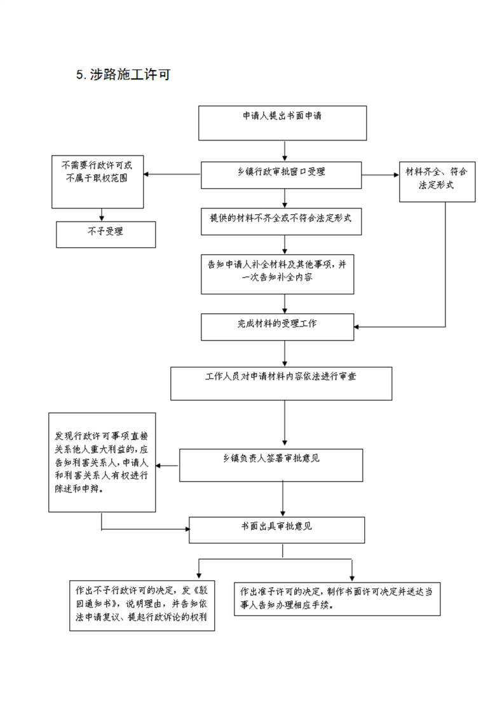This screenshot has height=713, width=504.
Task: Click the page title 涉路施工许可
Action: [130, 74]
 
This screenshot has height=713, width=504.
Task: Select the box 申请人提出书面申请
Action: [282, 123]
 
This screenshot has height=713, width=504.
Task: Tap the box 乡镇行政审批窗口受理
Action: [281, 175]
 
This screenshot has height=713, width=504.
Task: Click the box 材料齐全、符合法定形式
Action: [437, 182]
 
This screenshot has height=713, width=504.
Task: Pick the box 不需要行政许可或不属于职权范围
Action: [98, 182]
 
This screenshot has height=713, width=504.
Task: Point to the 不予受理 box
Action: [106, 234]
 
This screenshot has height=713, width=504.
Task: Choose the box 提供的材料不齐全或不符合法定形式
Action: [281, 221]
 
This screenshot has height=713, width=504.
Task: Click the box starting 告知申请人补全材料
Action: [278, 274]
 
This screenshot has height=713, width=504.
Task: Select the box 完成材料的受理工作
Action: [278, 327]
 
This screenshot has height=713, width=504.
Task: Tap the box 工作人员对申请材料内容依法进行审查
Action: [281, 384]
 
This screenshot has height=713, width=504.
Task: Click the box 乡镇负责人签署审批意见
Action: [271, 465]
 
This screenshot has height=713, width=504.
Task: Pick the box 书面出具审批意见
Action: [276, 530]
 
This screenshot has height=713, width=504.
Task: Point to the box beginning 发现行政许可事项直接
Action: [102, 463]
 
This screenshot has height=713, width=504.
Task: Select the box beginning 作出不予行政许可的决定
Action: [142, 606]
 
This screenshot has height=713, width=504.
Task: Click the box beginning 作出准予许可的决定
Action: [337, 599]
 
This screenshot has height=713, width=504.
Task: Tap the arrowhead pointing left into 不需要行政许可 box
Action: [146, 174]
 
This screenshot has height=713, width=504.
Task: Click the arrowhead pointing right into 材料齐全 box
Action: [396, 175]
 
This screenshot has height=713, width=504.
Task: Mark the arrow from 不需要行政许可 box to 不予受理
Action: [102, 215]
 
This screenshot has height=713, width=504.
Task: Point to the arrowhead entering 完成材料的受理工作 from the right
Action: [357, 327]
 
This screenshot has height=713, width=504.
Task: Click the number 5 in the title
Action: [80, 75]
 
